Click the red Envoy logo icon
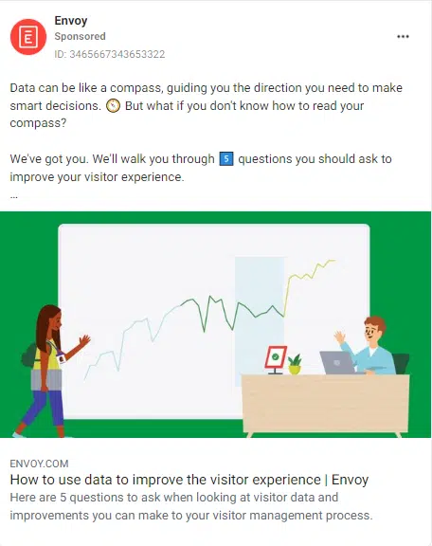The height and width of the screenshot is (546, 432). point(28,37)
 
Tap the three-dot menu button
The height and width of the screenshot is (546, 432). point(403,37)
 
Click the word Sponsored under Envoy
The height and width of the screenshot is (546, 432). point(80,36)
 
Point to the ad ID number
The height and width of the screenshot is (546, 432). point(110,54)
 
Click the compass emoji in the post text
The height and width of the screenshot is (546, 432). point(113,106)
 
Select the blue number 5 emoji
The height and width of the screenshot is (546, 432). point(226,159)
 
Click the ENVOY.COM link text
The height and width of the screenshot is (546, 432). point(39,464)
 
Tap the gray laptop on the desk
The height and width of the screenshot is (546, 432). point(337,362)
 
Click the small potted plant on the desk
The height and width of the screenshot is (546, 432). point(295,364)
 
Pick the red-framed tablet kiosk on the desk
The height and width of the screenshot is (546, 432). point(276,359)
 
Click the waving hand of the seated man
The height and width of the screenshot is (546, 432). point(339,337)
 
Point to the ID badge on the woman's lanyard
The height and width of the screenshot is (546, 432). point(62,357)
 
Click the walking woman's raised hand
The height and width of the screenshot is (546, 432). point(84,339)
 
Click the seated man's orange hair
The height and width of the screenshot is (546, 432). point(377,322)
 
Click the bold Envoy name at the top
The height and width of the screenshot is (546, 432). point(71,21)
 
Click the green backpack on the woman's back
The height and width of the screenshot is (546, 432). point(29,355)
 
